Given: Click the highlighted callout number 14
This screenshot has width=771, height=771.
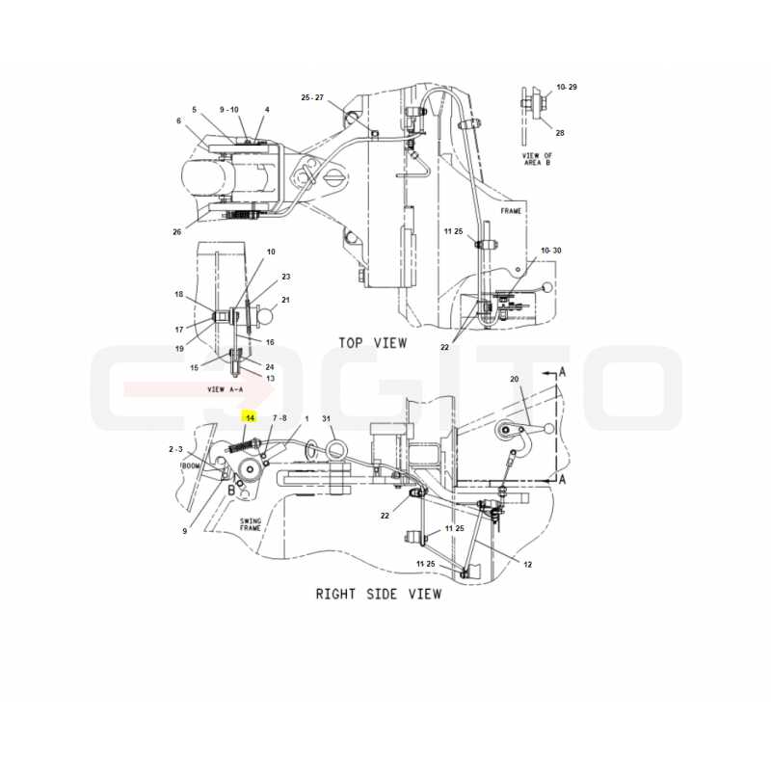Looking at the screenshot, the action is (250, 418).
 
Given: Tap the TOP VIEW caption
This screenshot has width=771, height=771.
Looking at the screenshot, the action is (373, 343).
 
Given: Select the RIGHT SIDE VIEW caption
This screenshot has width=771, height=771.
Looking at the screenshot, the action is (379, 594).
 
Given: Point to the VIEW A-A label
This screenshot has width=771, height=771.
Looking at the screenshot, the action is (225, 389).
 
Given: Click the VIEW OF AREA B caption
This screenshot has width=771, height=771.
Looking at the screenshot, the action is (537, 159).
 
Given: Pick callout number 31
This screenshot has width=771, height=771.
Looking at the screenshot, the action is (327, 418).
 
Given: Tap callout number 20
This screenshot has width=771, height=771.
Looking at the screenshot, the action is (515, 379).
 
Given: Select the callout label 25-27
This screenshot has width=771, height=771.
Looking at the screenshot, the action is (312, 97).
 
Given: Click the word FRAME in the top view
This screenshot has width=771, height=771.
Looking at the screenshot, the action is (511, 211).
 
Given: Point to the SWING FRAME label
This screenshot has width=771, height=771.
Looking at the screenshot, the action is (251, 524).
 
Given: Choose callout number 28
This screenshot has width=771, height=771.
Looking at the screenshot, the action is (560, 133).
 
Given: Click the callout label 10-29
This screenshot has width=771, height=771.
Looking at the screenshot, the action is (567, 87).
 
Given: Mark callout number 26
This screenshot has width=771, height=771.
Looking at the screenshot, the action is (177, 231).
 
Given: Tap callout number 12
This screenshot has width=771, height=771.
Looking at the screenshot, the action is (527, 565).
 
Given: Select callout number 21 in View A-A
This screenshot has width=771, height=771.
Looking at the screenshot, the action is (285, 300).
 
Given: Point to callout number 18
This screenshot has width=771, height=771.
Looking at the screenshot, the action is (178, 294).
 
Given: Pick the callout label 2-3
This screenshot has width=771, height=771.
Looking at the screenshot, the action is (175, 449).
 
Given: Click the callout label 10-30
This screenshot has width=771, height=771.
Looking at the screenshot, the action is (550, 251).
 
